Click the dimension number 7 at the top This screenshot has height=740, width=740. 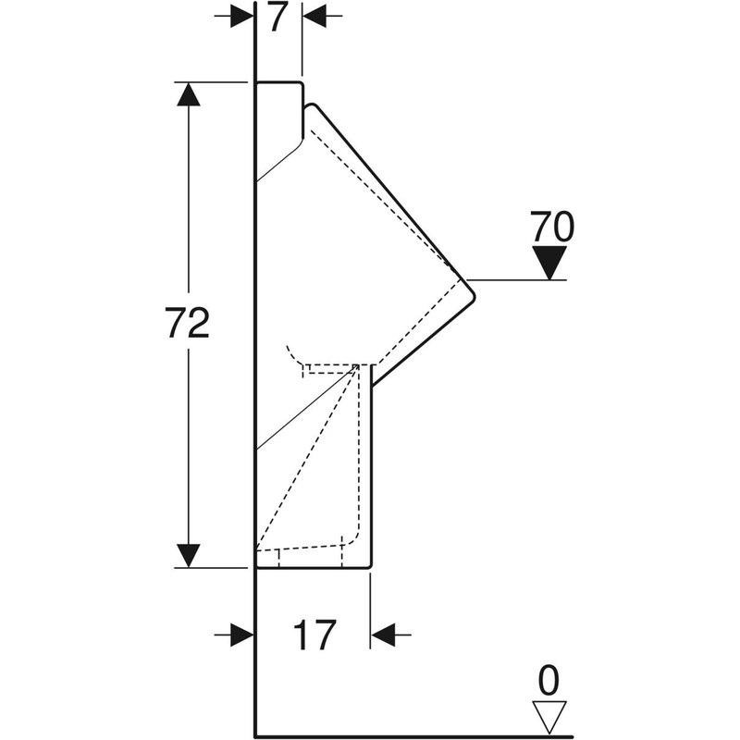tap(277, 18)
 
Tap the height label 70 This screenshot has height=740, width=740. tap(551, 227)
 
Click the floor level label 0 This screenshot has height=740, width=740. tap(549, 682)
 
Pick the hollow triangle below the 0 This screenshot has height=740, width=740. tap(549, 714)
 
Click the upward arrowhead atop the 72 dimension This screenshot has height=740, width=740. tap(188, 94)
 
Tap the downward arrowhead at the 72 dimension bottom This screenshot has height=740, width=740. tap(188, 555)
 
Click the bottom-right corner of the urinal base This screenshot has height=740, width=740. tap(370, 566)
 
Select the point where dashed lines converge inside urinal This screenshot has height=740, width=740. tap(358, 366)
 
